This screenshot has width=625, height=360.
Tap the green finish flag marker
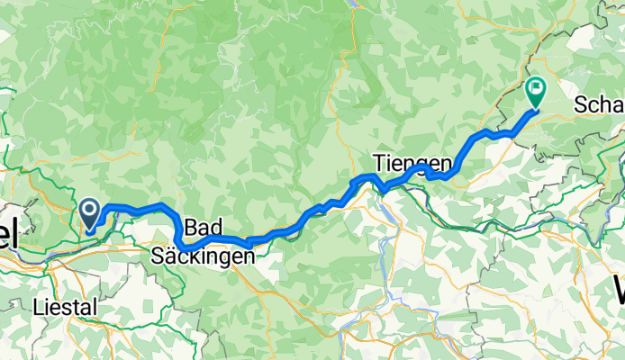[x=536, y=91]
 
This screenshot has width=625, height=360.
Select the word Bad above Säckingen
[x=203, y=226]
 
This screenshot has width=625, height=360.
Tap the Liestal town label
[x=65, y=308]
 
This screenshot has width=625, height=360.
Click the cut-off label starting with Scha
[x=598, y=104]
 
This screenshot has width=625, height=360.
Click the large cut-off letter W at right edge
[x=619, y=292]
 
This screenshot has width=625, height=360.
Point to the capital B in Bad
[x=189, y=226]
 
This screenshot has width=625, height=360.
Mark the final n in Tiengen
[x=444, y=164]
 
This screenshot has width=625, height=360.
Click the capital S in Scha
[x=580, y=104]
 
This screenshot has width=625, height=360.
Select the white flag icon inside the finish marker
[x=536, y=87]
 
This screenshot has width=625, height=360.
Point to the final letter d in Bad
[x=216, y=226]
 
